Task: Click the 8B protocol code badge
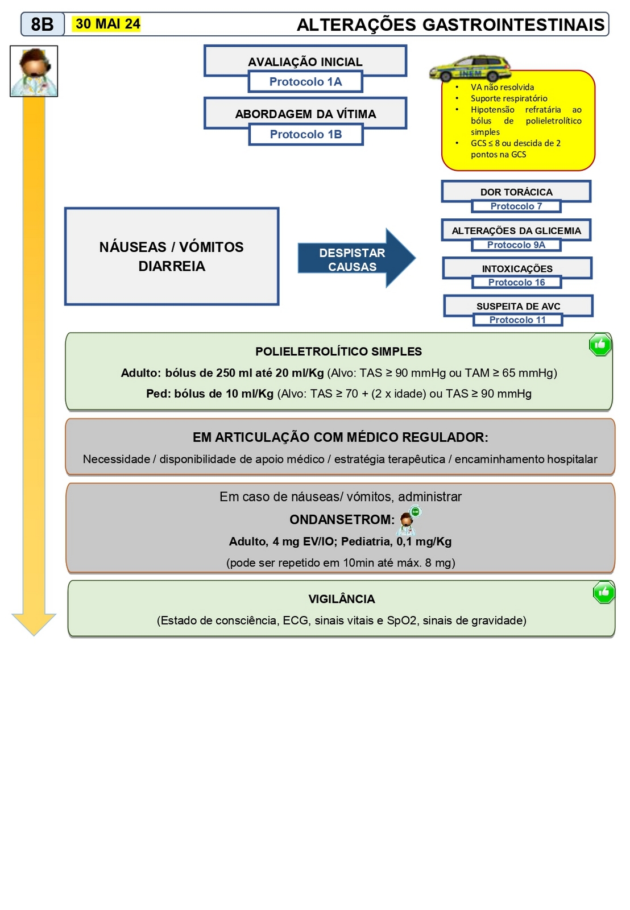pos(43,24)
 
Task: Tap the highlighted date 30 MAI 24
pos(107,24)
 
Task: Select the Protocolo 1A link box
pos(305,82)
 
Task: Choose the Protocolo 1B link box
pos(306,134)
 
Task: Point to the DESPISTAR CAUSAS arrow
pos(356,259)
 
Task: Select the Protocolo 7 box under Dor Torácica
pos(516,206)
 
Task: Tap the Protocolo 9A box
pos(516,245)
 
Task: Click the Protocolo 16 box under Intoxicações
pos(516,282)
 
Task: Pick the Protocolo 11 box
pos(517,320)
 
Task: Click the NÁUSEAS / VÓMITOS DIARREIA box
pos(172,257)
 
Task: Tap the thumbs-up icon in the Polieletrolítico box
pos(600,345)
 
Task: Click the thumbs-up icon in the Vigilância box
pos(603,592)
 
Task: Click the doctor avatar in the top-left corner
pos(34,71)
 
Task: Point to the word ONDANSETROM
pos(342,519)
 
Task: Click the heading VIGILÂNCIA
pos(341,599)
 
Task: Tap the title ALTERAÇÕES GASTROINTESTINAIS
pos(450,24)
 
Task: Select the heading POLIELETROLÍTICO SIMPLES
pos(338,351)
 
